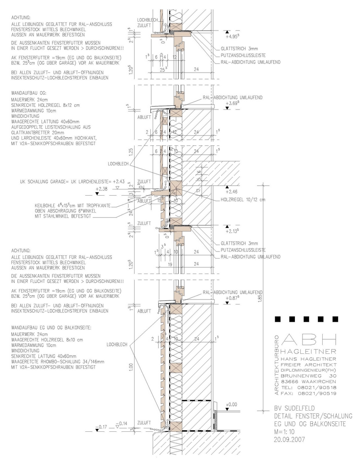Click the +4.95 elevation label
(x=234, y=37)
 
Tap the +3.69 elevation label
(x=234, y=103)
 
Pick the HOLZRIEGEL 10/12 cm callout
(x=243, y=199)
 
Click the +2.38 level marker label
(x=101, y=189)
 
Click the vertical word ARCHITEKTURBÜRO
(x=277, y=364)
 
